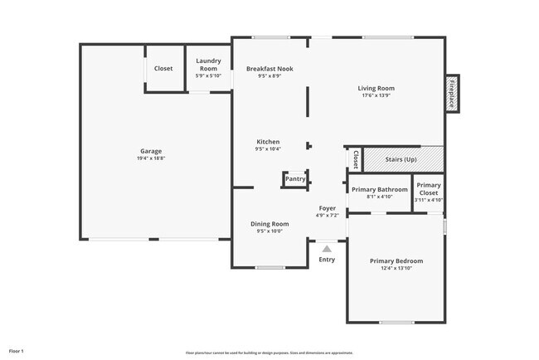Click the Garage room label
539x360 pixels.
(151, 151)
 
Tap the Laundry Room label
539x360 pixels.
(207, 65)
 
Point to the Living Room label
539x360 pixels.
(376, 88)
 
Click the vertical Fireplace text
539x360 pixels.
(451, 93)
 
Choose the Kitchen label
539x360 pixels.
(268, 142)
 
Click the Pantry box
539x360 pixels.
(294, 178)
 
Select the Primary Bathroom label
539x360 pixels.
(379, 189)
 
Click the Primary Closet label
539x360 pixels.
(429, 189)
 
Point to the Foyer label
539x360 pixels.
(327, 208)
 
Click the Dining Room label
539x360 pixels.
(269, 224)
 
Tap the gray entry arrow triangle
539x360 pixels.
(327, 248)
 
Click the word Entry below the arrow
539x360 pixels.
(327, 260)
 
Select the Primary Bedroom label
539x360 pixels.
(396, 261)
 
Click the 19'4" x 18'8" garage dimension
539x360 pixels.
(151, 159)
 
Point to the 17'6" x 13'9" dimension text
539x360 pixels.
(376, 95)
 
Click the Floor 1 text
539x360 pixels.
(17, 351)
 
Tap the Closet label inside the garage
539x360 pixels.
(163, 68)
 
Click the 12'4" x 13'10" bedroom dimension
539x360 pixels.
(396, 269)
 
